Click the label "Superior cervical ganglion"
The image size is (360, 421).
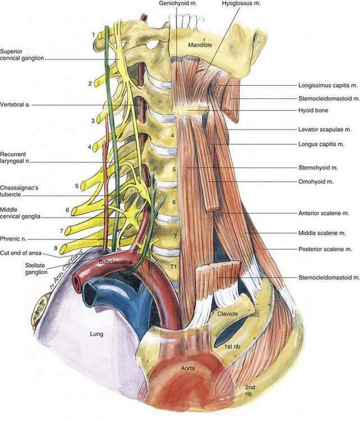pyautogui.click(x=22, y=54)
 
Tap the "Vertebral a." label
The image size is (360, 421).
pyautogui.click(x=15, y=104)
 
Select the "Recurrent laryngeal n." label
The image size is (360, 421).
pyautogui.click(x=15, y=158)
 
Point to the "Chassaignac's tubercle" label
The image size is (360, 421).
pyautogui.click(x=19, y=191)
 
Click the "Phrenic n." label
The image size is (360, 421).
pyautogui.click(x=13, y=239)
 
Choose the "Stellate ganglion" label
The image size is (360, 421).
pyautogui.click(x=37, y=268)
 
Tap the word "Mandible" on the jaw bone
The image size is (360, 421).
pyautogui.click(x=200, y=45)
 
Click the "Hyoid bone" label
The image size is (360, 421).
pyautogui.click(x=313, y=110)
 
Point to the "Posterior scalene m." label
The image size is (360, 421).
pyautogui.click(x=325, y=249)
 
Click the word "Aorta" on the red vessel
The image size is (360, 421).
pyautogui.click(x=188, y=368)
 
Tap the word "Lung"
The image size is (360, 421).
pyautogui.click(x=97, y=334)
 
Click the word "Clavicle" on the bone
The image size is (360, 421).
pyautogui.click(x=227, y=314)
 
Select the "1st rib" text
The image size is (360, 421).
pyautogui.click(x=232, y=347)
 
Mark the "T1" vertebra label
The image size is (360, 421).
pyautogui.click(x=174, y=267)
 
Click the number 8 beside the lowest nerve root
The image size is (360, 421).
pyautogui.click(x=56, y=248)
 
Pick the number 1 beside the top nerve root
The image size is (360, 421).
pyautogui.click(x=93, y=35)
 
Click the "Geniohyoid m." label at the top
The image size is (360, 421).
pyautogui.click(x=178, y=3)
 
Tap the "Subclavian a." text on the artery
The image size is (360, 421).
pyautogui.click(x=115, y=262)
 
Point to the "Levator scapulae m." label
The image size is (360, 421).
pyautogui.click(x=325, y=130)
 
